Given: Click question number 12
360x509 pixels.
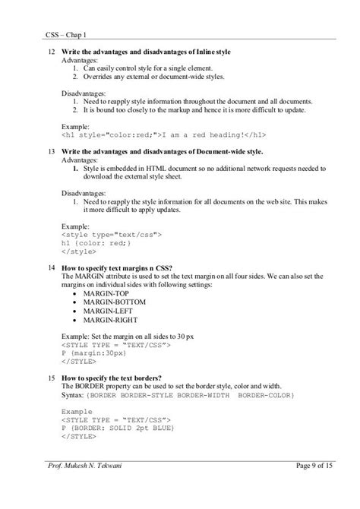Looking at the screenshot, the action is point(50,51).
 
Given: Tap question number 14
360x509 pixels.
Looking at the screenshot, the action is point(50,268).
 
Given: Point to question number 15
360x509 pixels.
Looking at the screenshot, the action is point(50,378).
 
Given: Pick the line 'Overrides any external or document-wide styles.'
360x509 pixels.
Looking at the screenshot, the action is point(156,77).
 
